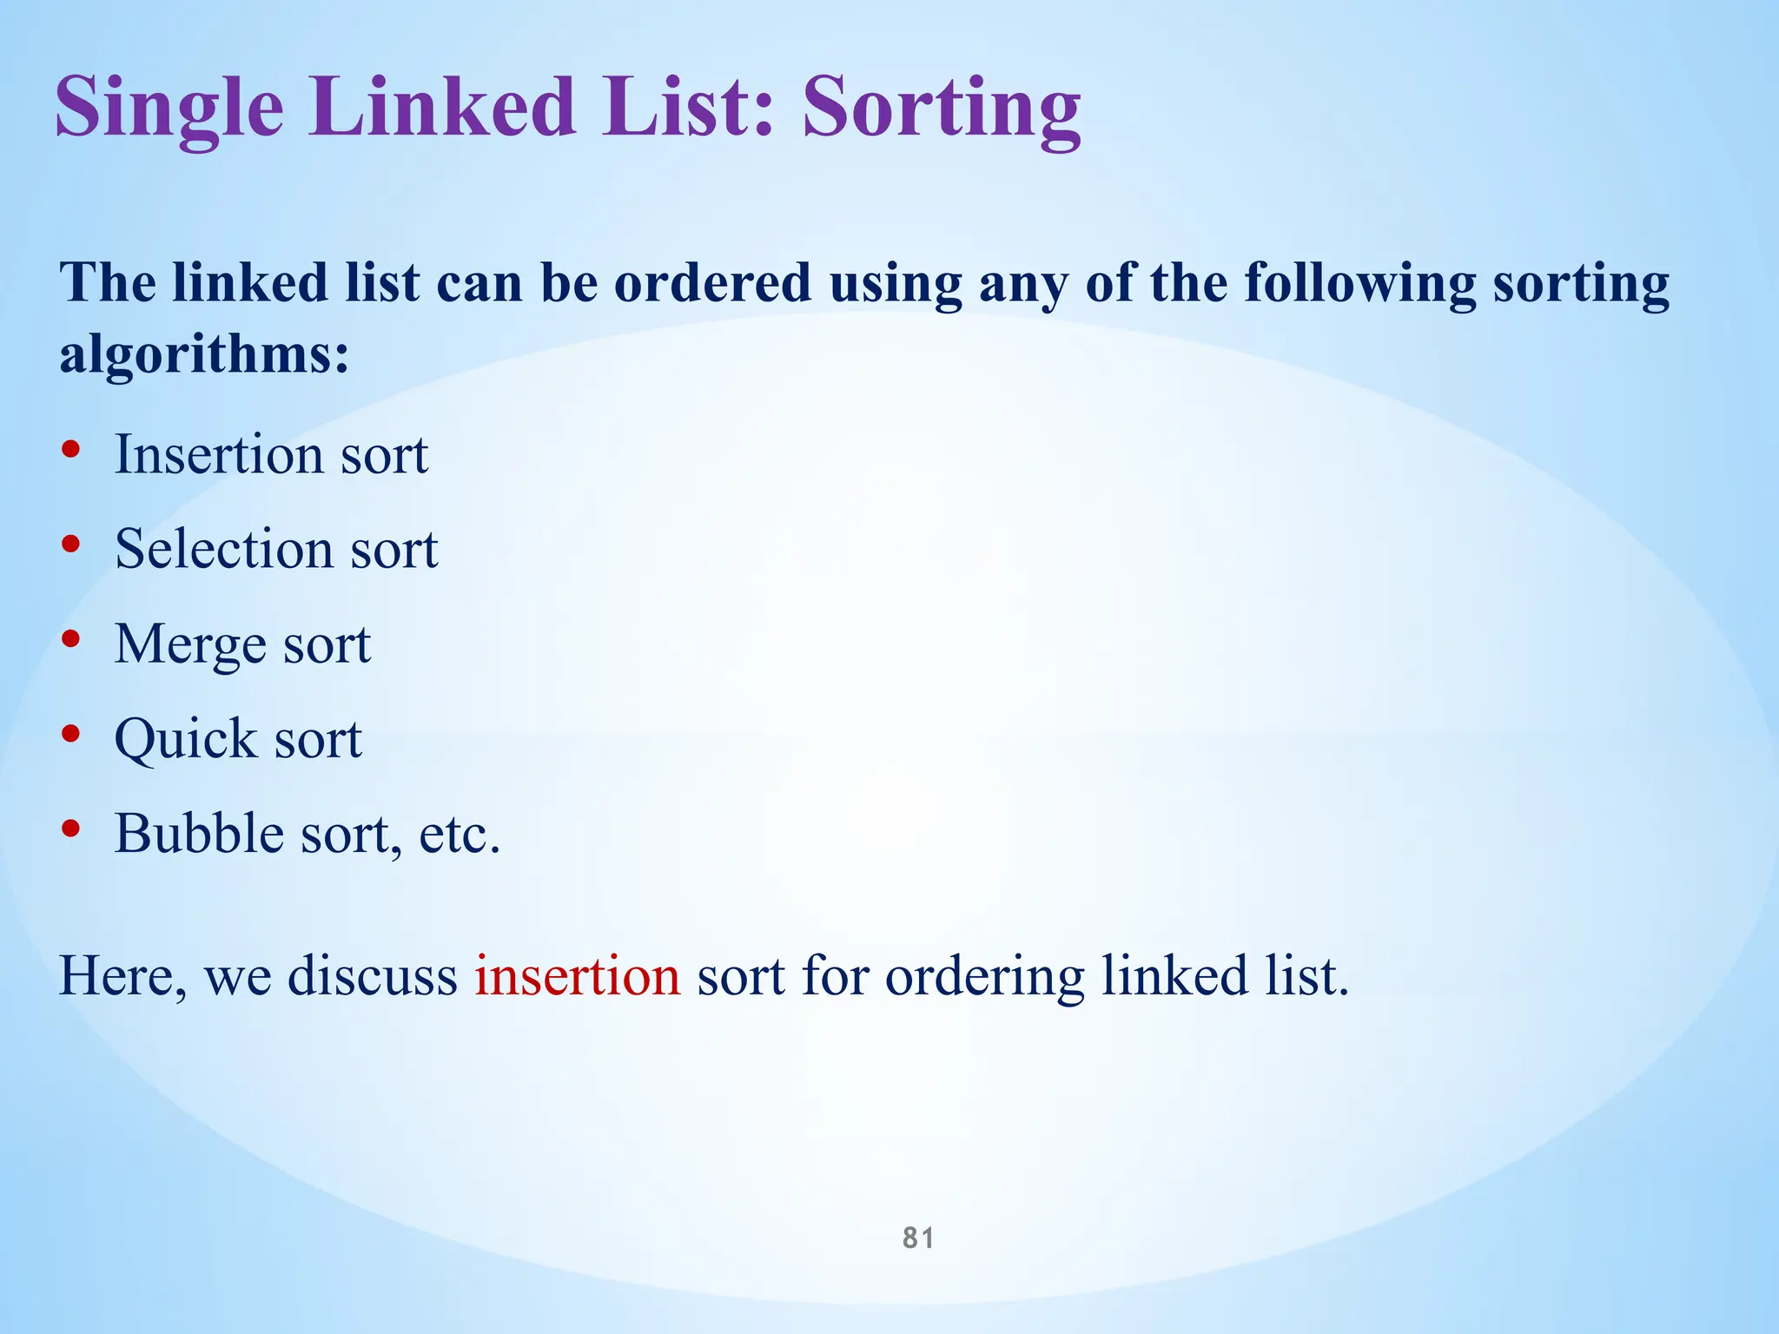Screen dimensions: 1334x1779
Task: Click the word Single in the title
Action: [x=169, y=108]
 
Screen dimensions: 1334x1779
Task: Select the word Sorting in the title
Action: [x=942, y=108]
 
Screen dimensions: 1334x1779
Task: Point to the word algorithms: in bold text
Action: [x=204, y=355]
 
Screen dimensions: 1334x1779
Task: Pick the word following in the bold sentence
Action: [x=1359, y=285]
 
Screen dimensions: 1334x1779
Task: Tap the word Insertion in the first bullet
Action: [x=218, y=454]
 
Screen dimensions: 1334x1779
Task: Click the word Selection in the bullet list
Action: [x=224, y=549]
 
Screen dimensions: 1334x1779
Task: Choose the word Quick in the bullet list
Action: [x=186, y=740]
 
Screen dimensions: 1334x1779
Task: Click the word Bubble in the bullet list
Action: [x=199, y=834]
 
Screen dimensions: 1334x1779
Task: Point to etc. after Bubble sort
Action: [x=460, y=835]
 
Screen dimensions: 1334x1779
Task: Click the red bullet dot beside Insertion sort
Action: [x=71, y=450]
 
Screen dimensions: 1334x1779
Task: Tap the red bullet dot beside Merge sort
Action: [x=71, y=640]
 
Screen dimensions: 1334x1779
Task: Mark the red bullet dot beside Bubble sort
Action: [x=71, y=829]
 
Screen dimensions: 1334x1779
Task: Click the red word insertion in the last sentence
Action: [x=577, y=976]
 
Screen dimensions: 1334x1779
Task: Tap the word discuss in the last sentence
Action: [x=372, y=976]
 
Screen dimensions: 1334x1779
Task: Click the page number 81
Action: [x=918, y=1238]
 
